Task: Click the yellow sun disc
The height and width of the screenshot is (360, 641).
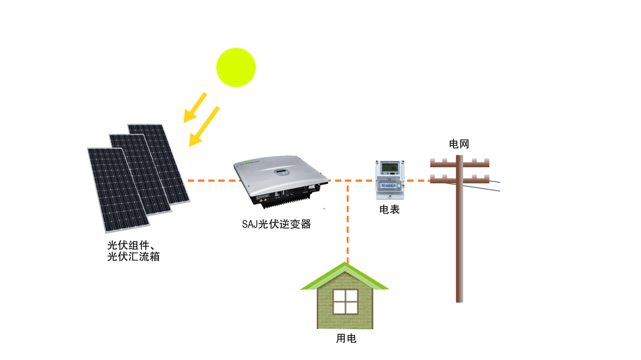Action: [x=236, y=68]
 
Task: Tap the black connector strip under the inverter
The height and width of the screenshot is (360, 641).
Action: [x=285, y=200]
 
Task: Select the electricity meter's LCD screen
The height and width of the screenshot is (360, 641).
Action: [x=389, y=168]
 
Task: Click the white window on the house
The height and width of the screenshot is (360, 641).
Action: [x=345, y=301]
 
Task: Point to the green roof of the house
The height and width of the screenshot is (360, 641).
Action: [x=344, y=276]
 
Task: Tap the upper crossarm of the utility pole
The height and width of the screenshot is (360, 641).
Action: [x=459, y=163]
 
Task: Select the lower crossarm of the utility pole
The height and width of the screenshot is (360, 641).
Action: [x=459, y=179]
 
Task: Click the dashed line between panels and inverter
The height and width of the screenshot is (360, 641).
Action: [x=211, y=180]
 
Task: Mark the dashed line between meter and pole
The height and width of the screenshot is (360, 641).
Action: [x=417, y=180]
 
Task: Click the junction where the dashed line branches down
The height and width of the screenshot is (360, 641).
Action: [x=348, y=180]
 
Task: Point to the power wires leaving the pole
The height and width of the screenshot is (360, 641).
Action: [x=490, y=185]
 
